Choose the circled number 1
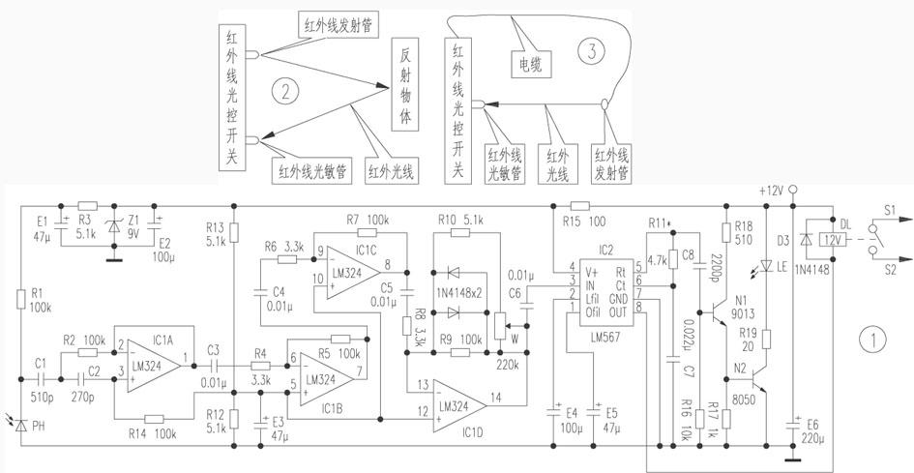point(873,340)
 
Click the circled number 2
point(282,93)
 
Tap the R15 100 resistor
point(578,205)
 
